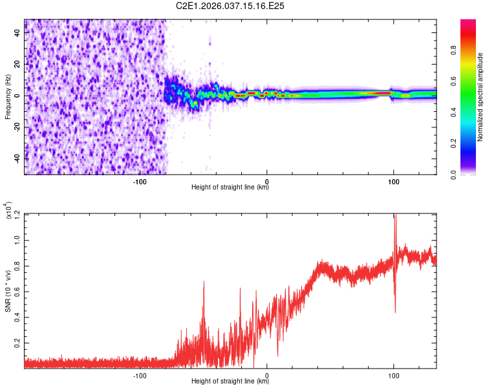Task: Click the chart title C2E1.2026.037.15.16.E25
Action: [x=231, y=6]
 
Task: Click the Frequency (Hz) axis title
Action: [x=8, y=97]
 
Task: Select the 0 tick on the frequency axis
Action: [x=18, y=96]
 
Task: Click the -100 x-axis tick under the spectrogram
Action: [x=141, y=180]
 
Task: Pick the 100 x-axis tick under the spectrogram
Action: [x=393, y=180]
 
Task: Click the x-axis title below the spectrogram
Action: [x=230, y=188]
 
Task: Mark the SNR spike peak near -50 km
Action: [x=204, y=282]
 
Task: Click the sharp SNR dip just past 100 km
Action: [x=395, y=312]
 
